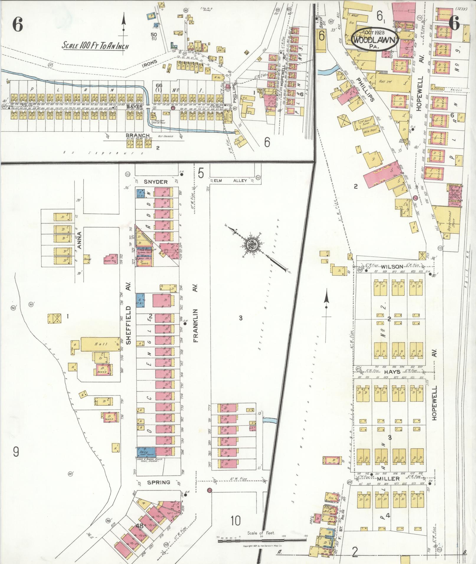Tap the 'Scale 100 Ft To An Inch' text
[x=96, y=45]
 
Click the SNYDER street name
[x=156, y=182]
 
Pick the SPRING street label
[x=159, y=483]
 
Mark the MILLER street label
[x=388, y=479]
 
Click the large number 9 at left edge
[x=16, y=451]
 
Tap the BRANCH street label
[x=135, y=136]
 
